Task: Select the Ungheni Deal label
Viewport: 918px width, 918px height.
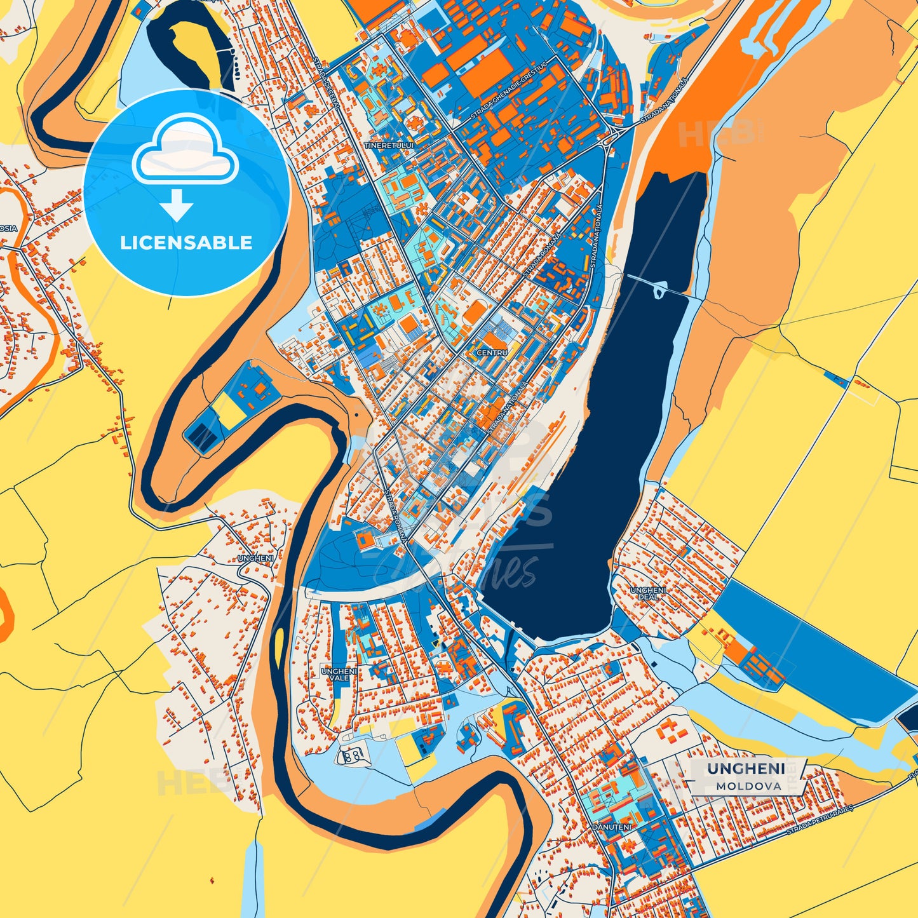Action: pos(648,593)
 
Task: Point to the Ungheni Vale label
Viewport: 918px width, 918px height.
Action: pos(339,674)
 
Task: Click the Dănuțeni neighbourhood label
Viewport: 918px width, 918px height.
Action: pos(612,827)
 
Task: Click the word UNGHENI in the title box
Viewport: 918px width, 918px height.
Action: pos(746,769)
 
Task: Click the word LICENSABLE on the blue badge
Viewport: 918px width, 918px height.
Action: pos(186,243)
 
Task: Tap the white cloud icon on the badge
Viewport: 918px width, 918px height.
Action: pos(185,151)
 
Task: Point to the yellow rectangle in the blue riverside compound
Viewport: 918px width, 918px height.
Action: pos(230,412)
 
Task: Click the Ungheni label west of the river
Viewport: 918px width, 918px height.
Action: pos(256,558)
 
